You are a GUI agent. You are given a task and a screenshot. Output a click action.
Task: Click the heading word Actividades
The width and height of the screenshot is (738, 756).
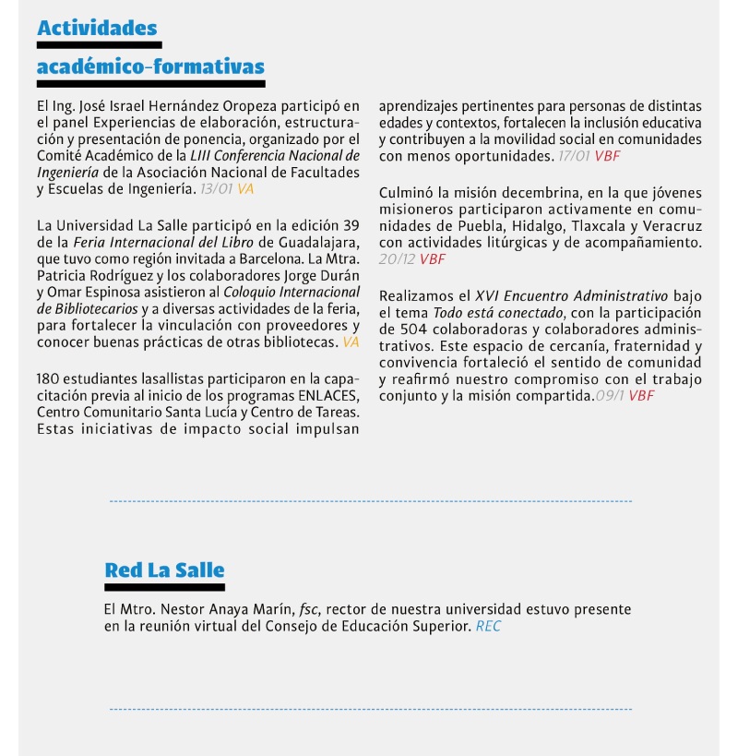(97, 28)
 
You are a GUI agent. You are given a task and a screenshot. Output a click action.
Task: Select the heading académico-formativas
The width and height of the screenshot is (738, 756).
(150, 66)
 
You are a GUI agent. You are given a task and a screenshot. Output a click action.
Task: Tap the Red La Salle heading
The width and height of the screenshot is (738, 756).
(164, 570)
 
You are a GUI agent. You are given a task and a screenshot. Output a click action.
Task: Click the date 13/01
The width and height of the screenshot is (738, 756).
(217, 188)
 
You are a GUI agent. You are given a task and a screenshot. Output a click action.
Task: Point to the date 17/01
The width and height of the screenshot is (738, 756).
(575, 156)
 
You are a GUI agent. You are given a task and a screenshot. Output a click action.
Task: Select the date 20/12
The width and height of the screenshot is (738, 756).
(397, 259)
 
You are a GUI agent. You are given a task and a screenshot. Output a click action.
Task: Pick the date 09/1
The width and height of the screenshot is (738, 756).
(610, 396)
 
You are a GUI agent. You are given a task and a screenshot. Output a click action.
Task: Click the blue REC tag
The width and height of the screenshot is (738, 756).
(489, 627)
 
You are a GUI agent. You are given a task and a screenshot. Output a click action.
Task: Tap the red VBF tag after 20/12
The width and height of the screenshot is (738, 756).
(433, 259)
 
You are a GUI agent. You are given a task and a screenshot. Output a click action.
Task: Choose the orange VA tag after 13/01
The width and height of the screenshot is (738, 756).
(245, 188)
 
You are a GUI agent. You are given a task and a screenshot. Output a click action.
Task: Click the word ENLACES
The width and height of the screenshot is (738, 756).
(327, 395)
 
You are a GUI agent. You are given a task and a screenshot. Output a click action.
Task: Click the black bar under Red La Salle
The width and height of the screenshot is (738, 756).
(164, 587)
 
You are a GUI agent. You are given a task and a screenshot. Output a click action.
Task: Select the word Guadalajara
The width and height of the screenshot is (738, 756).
(317, 242)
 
